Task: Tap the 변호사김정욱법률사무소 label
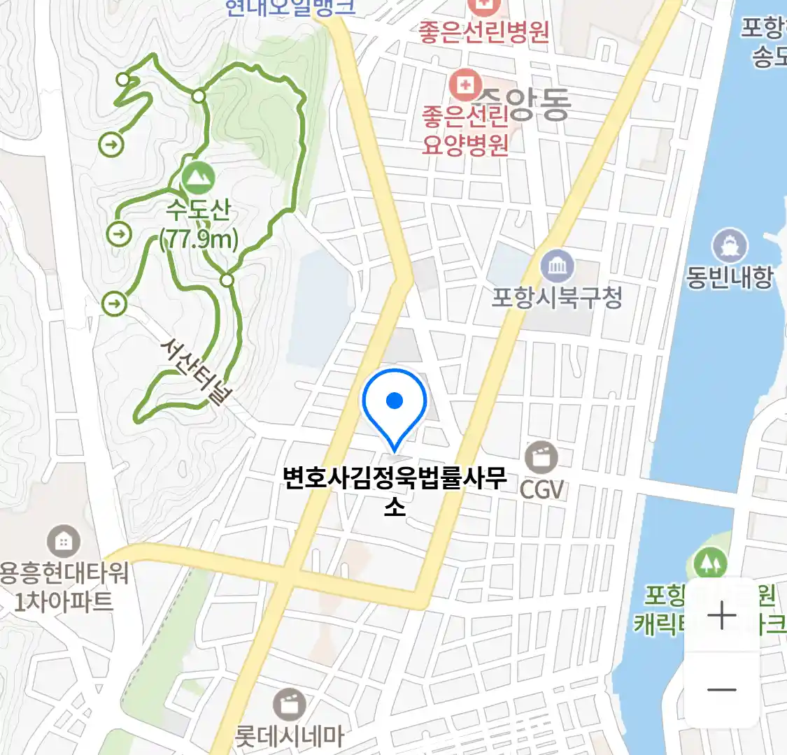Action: click(395, 490)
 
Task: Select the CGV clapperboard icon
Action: click(542, 458)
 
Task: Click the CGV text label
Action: click(541, 489)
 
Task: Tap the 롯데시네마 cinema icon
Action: click(288, 704)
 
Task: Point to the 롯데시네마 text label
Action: click(289, 735)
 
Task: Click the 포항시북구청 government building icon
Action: click(558, 266)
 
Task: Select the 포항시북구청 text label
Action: click(557, 298)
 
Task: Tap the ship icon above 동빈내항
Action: click(729, 245)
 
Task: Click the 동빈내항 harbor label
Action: click(729, 277)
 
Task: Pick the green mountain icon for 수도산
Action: click(199, 178)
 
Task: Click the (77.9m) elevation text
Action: click(199, 240)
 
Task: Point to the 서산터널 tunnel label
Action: click(196, 371)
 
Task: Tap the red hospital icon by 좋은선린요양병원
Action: click(463, 87)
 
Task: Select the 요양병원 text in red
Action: click(465, 144)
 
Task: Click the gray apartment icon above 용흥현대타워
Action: click(64, 541)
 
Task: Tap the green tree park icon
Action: click(710, 563)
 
